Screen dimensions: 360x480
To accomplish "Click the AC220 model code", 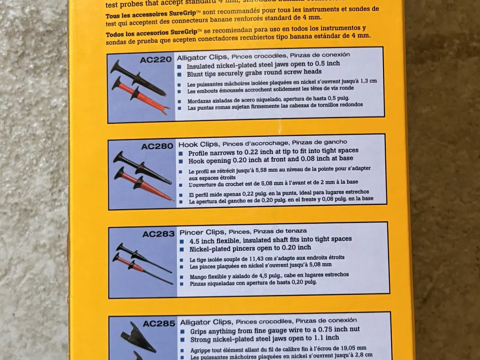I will tap(156, 60).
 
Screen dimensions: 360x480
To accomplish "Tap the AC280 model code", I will tap(157, 146).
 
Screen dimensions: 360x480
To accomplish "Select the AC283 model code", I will tap(158, 234).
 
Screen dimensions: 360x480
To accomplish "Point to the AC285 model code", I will tap(159, 323).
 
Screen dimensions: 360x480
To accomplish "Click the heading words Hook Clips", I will tap(198, 144).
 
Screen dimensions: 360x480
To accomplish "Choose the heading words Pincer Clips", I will tap(202, 232).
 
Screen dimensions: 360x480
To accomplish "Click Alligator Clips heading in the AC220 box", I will tap(202, 57).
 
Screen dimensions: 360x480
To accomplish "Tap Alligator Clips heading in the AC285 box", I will tap(205, 322).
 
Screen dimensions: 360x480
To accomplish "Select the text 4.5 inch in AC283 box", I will tap(204, 241).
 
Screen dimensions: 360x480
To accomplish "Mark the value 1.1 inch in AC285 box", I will tap(327, 338).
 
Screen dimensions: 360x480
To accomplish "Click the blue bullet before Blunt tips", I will tap(180, 75).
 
